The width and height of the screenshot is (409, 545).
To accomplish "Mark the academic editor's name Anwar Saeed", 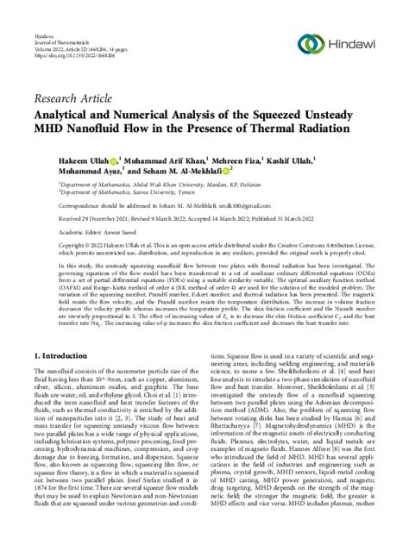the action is point(132,232).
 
